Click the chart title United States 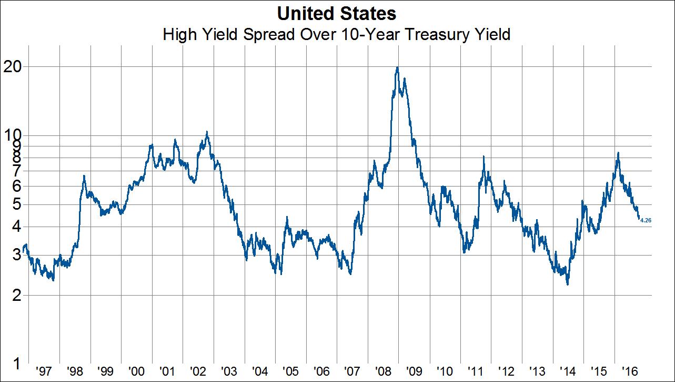pyautogui.click(x=337, y=13)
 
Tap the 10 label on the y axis pyautogui.click(x=15, y=134)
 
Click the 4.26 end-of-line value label pyautogui.click(x=646, y=220)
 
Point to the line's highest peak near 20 pyautogui.click(x=397, y=67)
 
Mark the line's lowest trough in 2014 pyautogui.click(x=568, y=285)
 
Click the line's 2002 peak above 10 pyautogui.click(x=207, y=132)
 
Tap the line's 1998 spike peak pyautogui.click(x=84, y=175)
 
